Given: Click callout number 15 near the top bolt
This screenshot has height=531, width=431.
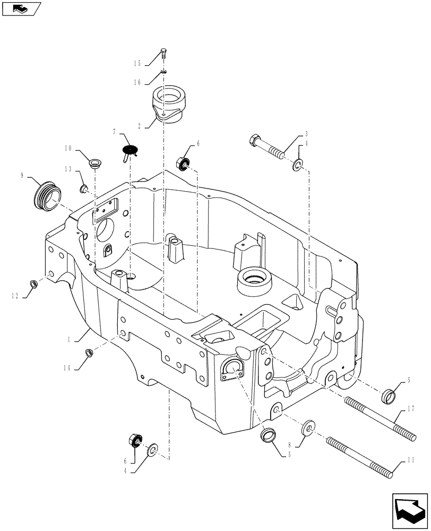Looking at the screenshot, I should pos(137,64).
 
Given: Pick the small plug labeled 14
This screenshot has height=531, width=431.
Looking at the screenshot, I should pos(89,352).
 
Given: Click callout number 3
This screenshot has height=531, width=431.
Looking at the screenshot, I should pos(306,134).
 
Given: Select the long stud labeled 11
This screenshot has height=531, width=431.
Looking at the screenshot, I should pos(361,455).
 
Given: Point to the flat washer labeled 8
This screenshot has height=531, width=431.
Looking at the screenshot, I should pos(308,429).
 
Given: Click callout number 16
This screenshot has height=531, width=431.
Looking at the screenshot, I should pos(137,82).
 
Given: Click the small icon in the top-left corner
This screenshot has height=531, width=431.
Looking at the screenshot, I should pos(21,8).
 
